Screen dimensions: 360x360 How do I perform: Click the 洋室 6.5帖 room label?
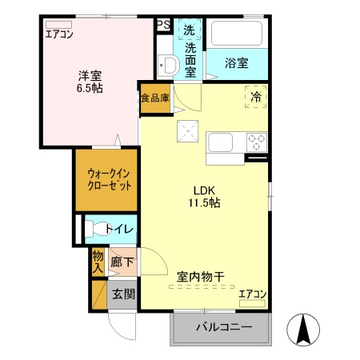pyautogui.click(x=89, y=82)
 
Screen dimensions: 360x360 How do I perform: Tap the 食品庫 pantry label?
pyautogui.click(x=155, y=99)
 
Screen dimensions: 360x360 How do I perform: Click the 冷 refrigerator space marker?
pyautogui.click(x=257, y=94)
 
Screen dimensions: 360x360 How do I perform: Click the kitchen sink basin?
pyautogui.click(x=221, y=143)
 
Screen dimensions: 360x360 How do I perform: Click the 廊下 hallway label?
pyautogui.click(x=122, y=262)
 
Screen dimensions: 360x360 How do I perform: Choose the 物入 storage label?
pyautogui.click(x=98, y=262)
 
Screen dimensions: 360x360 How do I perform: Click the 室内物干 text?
pyautogui.click(x=200, y=277)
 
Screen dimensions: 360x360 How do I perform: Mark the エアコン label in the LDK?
pyautogui.click(x=252, y=294)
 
